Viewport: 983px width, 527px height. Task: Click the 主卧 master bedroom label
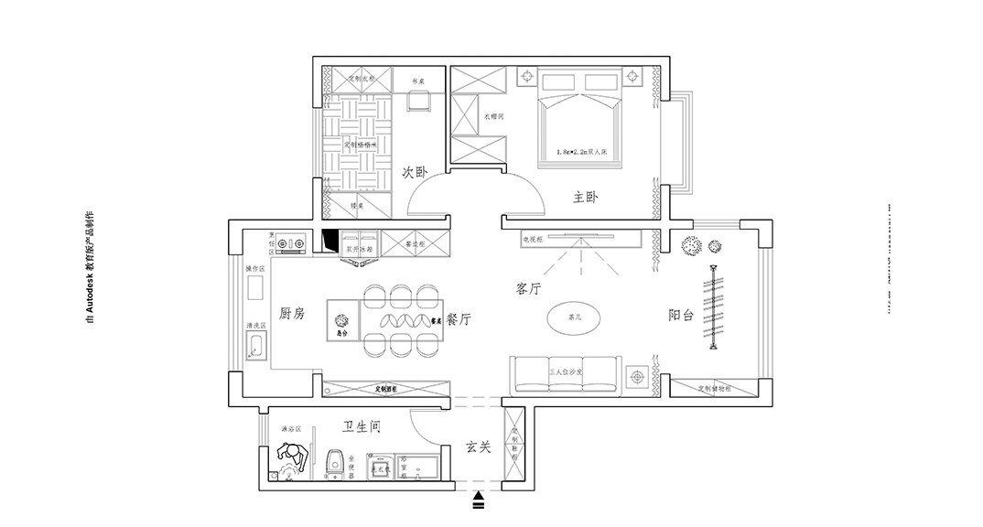[x=585, y=198]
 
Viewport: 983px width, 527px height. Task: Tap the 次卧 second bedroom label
[x=416, y=172]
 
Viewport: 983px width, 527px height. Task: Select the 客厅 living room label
[x=529, y=289]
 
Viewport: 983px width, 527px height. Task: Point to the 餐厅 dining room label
[x=459, y=320]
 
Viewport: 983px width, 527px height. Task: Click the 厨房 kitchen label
[x=291, y=314]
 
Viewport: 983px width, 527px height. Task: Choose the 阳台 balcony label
[x=681, y=316]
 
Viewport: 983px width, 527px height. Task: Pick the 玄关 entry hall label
[x=478, y=447]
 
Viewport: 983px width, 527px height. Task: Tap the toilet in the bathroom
[x=335, y=463]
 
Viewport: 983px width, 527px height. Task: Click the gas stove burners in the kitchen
[x=290, y=243]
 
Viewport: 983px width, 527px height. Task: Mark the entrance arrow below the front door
[x=479, y=500]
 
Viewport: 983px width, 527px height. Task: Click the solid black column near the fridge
[x=330, y=242]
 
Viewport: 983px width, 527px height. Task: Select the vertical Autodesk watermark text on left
[x=89, y=266]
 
